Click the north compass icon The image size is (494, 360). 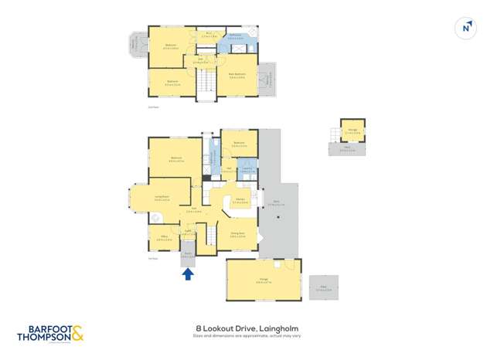pyautogui.click(x=466, y=28)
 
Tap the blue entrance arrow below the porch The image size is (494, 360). pyautogui.click(x=187, y=273)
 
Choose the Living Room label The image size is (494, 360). pyautogui.click(x=162, y=197)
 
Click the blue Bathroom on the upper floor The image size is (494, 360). pyautogui.click(x=236, y=36)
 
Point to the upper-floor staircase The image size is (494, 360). pyautogui.click(x=206, y=83)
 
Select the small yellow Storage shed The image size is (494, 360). pyautogui.click(x=353, y=131)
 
